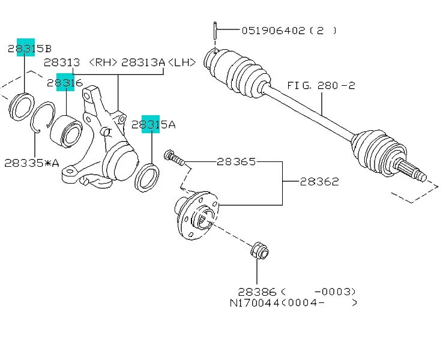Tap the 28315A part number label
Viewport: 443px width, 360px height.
coord(154,125)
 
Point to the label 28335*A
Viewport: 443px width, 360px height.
coord(32,163)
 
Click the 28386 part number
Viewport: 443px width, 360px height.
coord(256,291)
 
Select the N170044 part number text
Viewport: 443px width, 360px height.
coord(255,303)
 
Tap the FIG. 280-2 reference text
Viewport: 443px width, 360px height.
coord(321,86)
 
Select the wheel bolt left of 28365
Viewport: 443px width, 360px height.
coord(173,157)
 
